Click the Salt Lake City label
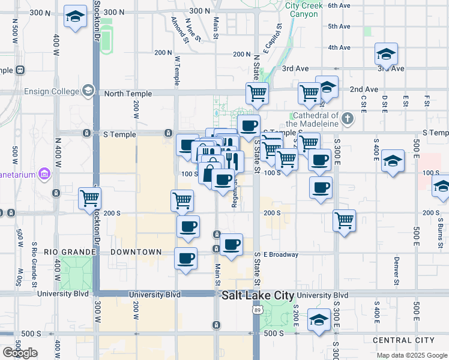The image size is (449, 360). click(258, 296)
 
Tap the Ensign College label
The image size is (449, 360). click(52, 91)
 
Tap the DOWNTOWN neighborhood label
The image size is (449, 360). click(136, 252)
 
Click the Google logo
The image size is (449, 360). click(20, 353)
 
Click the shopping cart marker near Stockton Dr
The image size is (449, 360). click(90, 197)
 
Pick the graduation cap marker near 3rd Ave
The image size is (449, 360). click(386, 54)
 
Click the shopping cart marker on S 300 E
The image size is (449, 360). click(345, 220)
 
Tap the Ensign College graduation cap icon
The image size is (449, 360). click(88, 91)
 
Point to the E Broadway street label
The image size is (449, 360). click(280, 254)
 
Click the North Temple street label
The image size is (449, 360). click(125, 94)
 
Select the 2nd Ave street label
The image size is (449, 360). click(364, 89)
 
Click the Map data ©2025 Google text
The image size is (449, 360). click(412, 355)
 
